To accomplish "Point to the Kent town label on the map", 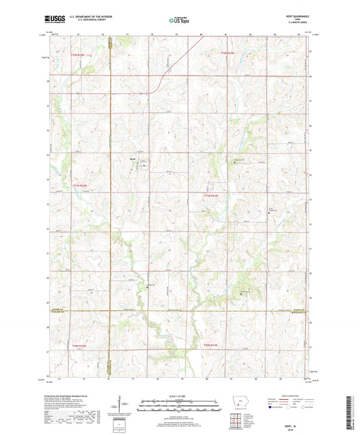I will [133, 159].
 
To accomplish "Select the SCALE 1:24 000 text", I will [179, 394].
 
